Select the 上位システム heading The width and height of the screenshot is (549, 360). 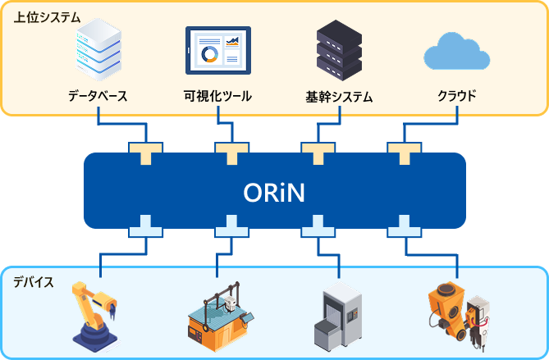46,16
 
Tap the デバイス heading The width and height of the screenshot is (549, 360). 34,282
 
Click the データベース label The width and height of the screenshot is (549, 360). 98,96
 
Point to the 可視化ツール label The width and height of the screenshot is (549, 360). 217,96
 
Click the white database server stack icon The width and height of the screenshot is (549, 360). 97,48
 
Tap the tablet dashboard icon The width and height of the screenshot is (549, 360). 217,50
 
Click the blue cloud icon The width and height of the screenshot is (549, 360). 456,52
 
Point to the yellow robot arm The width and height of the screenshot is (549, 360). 96,317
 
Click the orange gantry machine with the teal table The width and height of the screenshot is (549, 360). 219,316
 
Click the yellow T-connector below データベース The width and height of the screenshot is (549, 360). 145,152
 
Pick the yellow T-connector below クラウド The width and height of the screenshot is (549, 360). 404,152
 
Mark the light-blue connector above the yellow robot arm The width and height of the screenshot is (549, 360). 145,226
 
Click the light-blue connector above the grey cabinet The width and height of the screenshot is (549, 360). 318,226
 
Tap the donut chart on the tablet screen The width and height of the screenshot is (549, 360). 210,54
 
